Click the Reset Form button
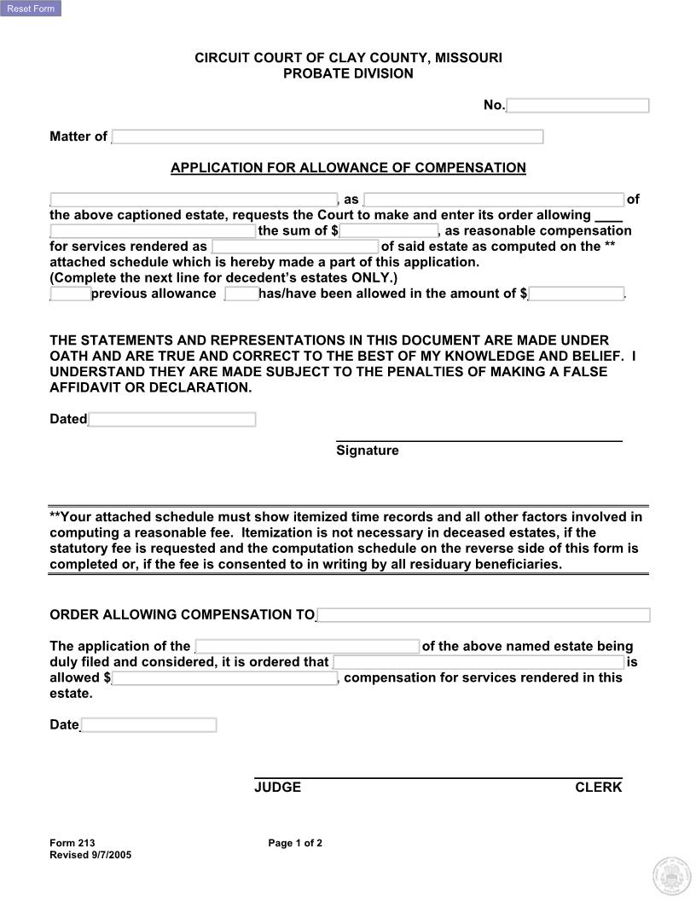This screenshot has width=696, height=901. click(31, 9)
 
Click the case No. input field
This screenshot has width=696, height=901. click(577, 106)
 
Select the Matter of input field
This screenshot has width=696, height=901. click(328, 137)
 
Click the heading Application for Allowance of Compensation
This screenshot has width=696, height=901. click(348, 168)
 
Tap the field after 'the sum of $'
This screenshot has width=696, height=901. click(389, 231)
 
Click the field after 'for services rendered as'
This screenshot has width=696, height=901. click(295, 247)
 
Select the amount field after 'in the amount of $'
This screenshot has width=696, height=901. click(577, 294)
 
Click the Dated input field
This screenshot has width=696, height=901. click(172, 420)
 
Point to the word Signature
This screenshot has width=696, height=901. click(367, 450)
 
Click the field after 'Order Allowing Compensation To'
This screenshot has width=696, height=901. click(483, 615)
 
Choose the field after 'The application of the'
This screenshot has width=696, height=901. click(307, 647)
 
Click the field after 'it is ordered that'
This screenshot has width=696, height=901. click(478, 662)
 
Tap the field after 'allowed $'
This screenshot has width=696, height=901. click(225, 678)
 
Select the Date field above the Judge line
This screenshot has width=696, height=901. click(148, 725)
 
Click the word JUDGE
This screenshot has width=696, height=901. click(277, 788)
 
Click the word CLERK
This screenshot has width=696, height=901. click(598, 788)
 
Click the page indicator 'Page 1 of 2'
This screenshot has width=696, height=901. click(295, 844)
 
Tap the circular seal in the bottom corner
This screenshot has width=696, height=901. click(670, 876)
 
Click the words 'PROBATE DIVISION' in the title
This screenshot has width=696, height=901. click(348, 73)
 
